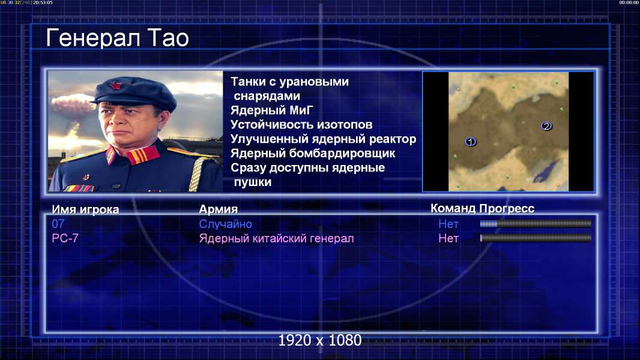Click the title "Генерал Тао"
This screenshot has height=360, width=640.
click(117, 38)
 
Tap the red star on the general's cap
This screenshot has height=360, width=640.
click(115, 85)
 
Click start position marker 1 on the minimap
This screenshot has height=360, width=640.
click(470, 142)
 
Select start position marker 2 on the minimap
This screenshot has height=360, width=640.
click(546, 126)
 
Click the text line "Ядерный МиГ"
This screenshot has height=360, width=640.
click(272, 110)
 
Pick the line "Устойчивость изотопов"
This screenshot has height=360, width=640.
click(301, 124)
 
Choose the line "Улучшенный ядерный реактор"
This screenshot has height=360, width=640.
click(323, 139)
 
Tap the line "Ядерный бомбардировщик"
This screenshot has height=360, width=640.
click(313, 153)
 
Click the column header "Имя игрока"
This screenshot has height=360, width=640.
click(85, 209)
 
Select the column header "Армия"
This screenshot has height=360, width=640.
click(218, 209)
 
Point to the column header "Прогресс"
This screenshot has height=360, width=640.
click(507, 208)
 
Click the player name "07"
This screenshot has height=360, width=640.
click(58, 224)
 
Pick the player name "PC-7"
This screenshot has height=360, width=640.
click(65, 238)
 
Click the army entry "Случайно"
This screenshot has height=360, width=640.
click(225, 224)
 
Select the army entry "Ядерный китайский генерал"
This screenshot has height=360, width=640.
click(276, 239)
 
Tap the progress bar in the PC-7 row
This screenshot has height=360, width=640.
click(536, 238)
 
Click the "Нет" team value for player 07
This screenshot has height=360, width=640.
click(448, 224)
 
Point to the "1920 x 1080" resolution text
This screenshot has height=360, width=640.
click(319, 340)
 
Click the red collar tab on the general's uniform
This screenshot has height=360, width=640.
click(142, 155)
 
